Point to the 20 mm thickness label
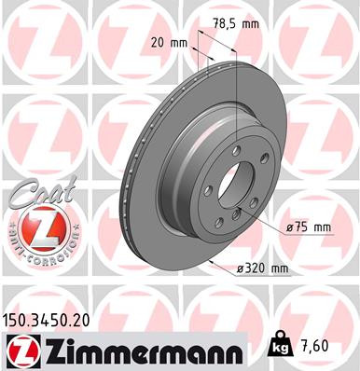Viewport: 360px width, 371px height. pos(168,42)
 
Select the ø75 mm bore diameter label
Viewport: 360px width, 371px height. pos(309,227)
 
